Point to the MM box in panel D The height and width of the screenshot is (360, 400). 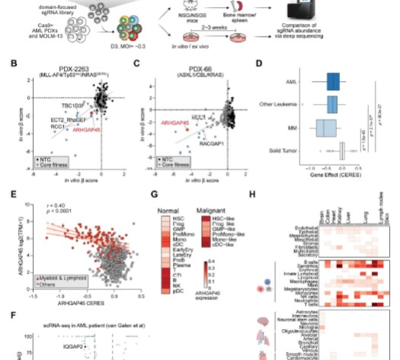click(x=326, y=128)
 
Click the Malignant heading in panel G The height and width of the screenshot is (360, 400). click(x=210, y=209)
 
